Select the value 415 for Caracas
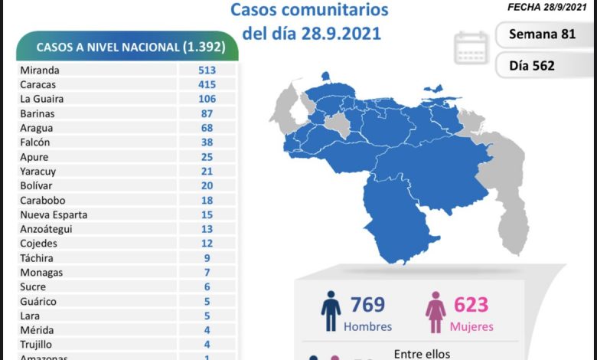207,84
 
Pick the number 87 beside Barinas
207,113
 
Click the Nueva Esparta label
54,214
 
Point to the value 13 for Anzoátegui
207,229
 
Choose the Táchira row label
37,258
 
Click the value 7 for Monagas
207,273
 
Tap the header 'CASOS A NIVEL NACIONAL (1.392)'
127,47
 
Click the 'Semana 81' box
543,34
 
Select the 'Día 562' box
543,65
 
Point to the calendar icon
471,47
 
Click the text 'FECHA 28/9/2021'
546,6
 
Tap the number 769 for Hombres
367,304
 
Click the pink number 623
471,304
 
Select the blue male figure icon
331,311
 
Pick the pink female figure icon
436,311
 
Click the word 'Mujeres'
471,327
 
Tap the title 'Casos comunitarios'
309,11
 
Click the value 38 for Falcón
207,142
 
